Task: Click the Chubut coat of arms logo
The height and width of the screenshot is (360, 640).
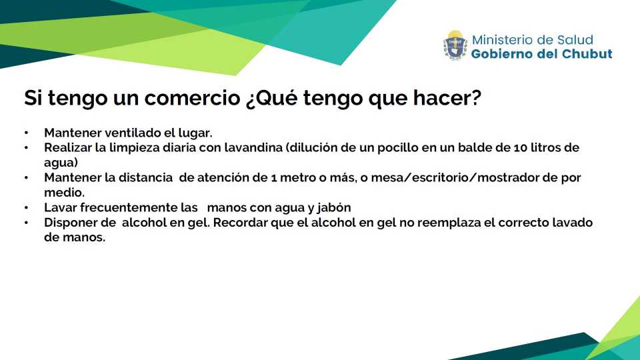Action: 455,45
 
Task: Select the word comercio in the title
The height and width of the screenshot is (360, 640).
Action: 192,97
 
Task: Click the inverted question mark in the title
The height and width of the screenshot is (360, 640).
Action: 251,99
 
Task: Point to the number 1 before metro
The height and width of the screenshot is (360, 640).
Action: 273,178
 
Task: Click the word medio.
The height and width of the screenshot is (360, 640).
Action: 64,192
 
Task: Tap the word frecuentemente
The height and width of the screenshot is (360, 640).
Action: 129,207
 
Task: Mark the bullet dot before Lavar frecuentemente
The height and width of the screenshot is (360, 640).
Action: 26,207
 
